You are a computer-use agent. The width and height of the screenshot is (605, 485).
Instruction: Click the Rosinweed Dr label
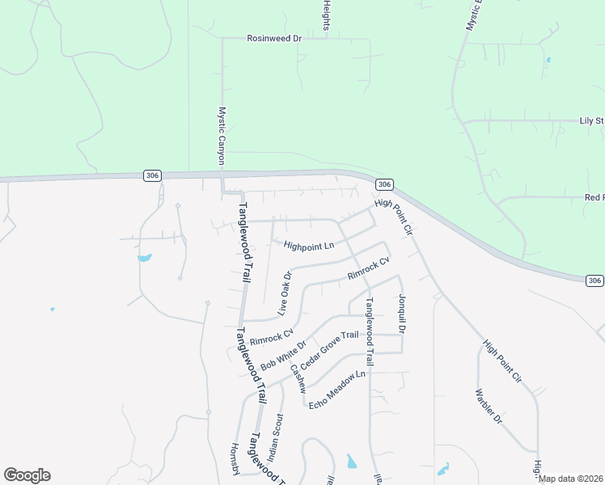[x=273, y=38]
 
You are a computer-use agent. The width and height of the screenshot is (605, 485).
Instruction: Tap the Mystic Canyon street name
[x=222, y=137]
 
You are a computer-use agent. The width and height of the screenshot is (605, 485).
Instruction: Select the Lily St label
[x=591, y=121]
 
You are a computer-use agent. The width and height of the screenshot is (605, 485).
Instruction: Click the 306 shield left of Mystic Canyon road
[x=152, y=175]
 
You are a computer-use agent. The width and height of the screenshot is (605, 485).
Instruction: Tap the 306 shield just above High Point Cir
[x=384, y=184]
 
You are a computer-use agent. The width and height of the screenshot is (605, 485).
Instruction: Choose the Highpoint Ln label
[x=308, y=246]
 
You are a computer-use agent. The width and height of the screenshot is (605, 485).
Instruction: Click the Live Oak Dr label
[x=284, y=293]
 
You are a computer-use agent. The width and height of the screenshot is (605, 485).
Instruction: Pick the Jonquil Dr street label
[x=401, y=314]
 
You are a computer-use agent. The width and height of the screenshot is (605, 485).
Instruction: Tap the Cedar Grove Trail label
[x=329, y=348]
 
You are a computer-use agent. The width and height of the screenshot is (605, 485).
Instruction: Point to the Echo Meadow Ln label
[x=338, y=389]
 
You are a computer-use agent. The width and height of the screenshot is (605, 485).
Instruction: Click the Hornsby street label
[x=235, y=459]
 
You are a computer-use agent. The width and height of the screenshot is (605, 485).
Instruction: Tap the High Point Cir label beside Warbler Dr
[x=502, y=361]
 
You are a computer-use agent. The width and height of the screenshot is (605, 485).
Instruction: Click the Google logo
[x=27, y=475]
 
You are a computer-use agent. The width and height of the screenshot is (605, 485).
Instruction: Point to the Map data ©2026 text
[x=571, y=479]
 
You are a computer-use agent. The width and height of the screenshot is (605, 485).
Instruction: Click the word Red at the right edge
[x=594, y=197]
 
